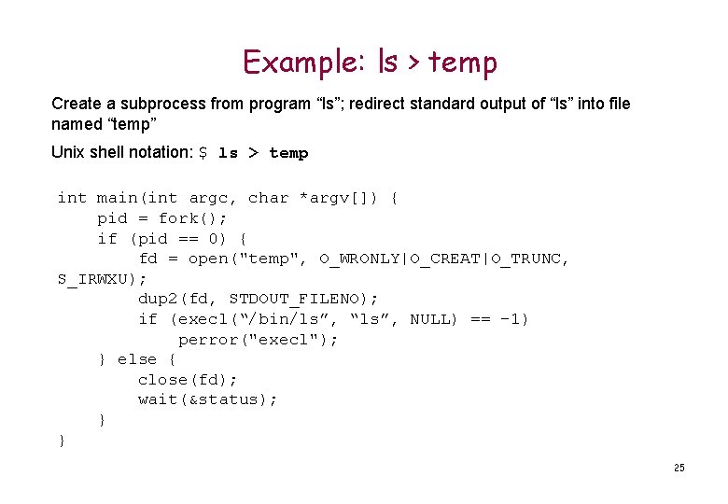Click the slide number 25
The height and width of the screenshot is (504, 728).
pyautogui.click(x=679, y=468)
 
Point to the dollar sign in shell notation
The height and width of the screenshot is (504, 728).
pyautogui.click(x=203, y=152)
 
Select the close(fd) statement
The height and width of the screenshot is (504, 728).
pyautogui.click(x=188, y=380)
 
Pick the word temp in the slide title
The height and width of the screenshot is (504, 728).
pyautogui.click(x=463, y=62)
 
